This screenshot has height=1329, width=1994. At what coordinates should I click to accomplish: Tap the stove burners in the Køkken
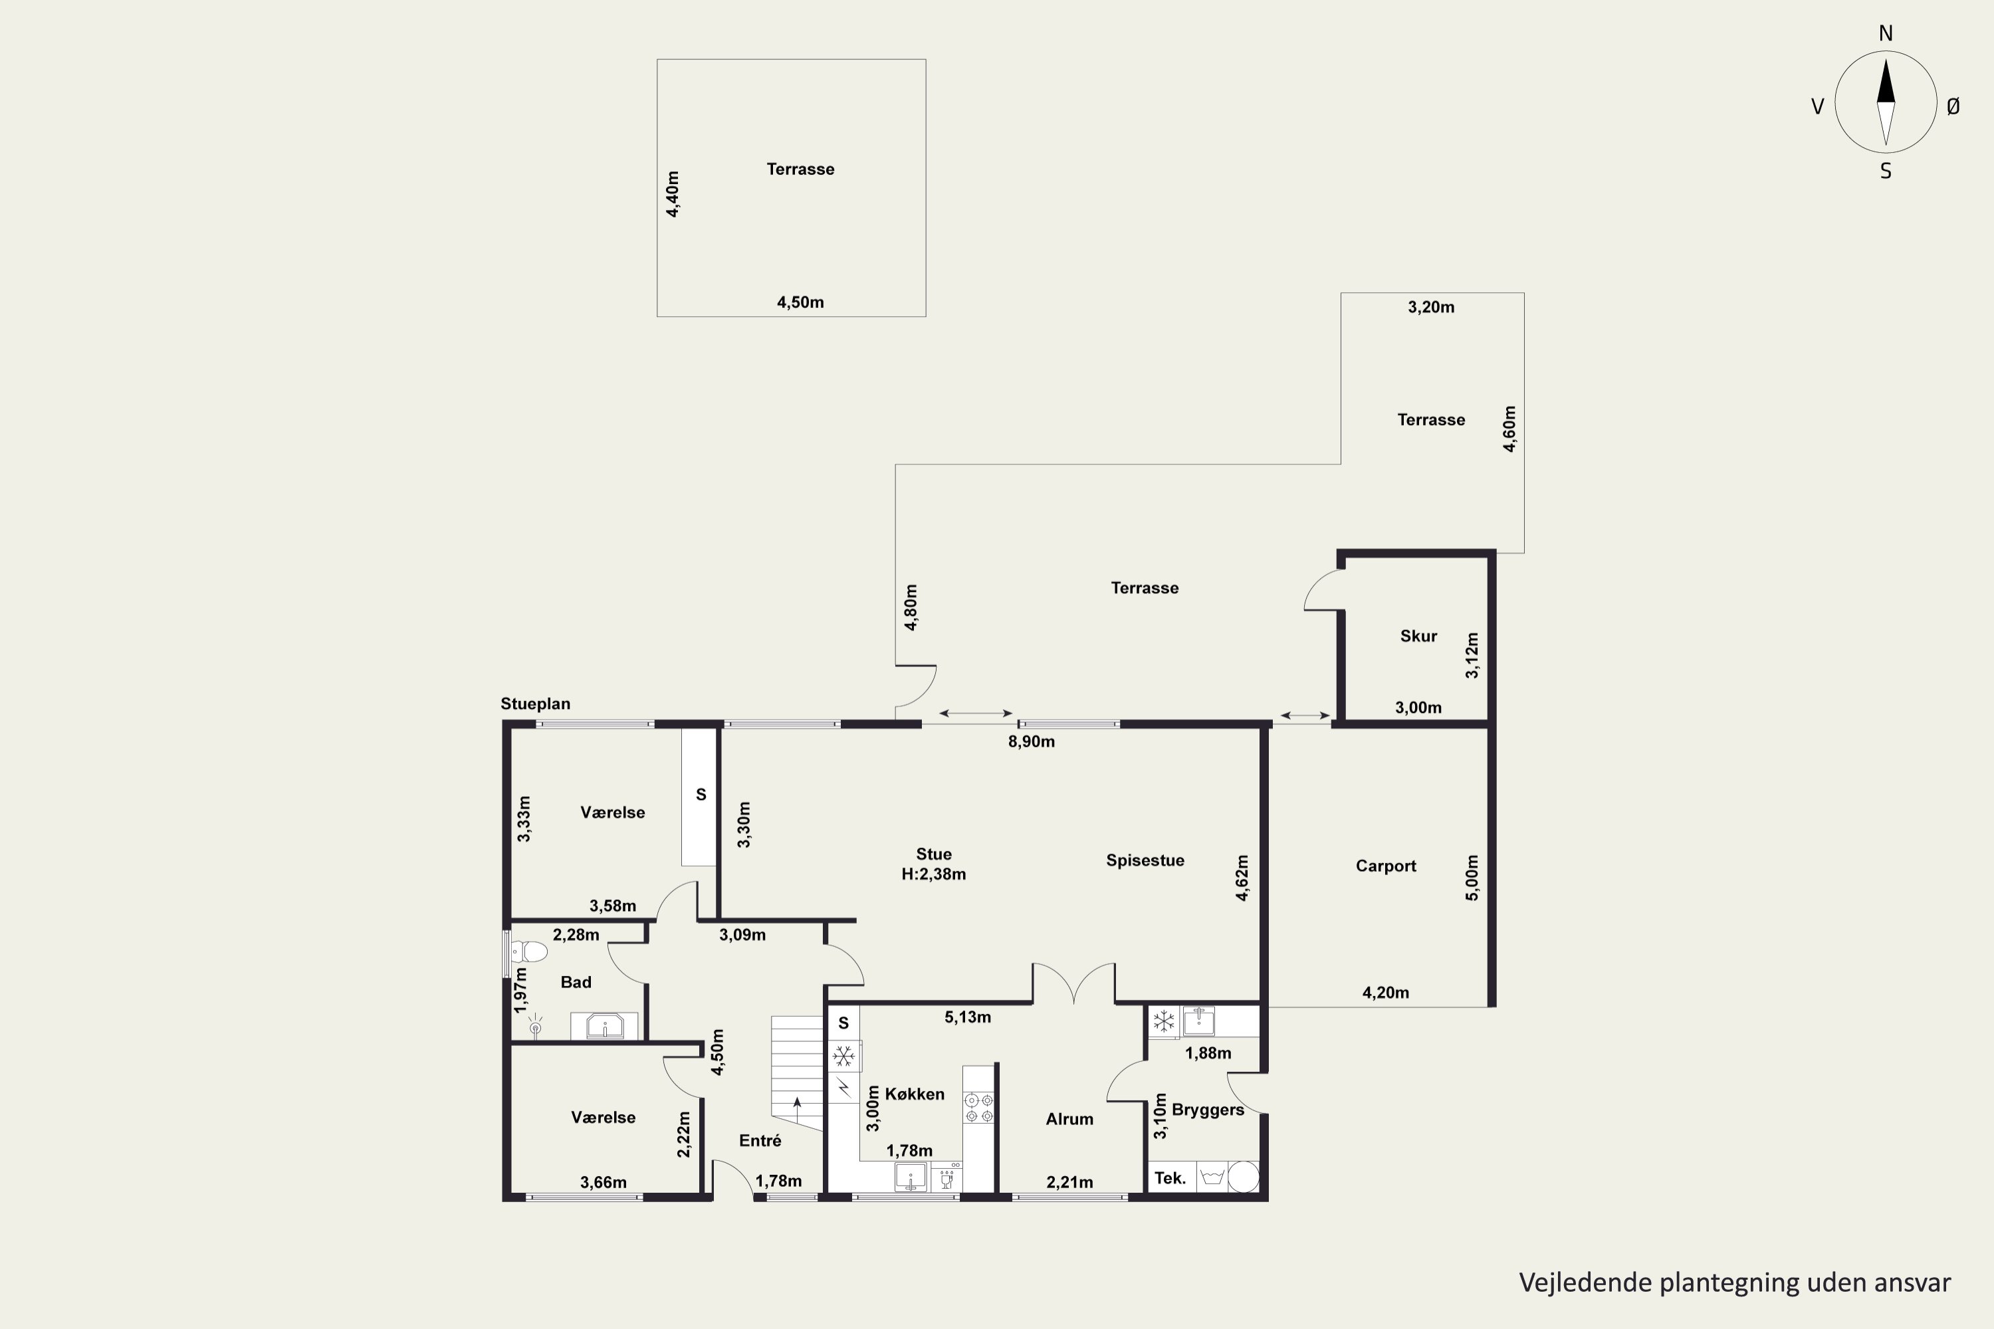click(978, 1108)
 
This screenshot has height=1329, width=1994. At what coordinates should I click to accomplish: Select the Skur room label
click(1418, 636)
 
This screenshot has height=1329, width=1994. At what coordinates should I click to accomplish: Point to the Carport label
click(1385, 865)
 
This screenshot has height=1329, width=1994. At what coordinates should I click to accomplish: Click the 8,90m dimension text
click(1031, 742)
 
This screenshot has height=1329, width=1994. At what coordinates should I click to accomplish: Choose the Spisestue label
click(1145, 861)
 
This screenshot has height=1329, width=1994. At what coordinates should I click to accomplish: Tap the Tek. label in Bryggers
click(1170, 1178)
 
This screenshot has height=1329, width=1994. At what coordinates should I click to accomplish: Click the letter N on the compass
click(1886, 33)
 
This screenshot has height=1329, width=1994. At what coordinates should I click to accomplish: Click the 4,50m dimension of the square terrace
click(800, 302)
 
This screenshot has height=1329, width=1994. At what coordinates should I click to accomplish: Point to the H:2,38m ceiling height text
click(933, 874)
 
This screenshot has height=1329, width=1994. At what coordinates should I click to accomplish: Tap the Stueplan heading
click(535, 704)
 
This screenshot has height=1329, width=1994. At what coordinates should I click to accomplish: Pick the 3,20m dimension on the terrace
click(1431, 307)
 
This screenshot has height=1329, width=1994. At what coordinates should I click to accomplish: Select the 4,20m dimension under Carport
click(1385, 993)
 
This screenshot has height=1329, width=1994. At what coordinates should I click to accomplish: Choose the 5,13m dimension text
click(967, 1017)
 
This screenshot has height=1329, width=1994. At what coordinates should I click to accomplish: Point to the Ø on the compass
click(1953, 106)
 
